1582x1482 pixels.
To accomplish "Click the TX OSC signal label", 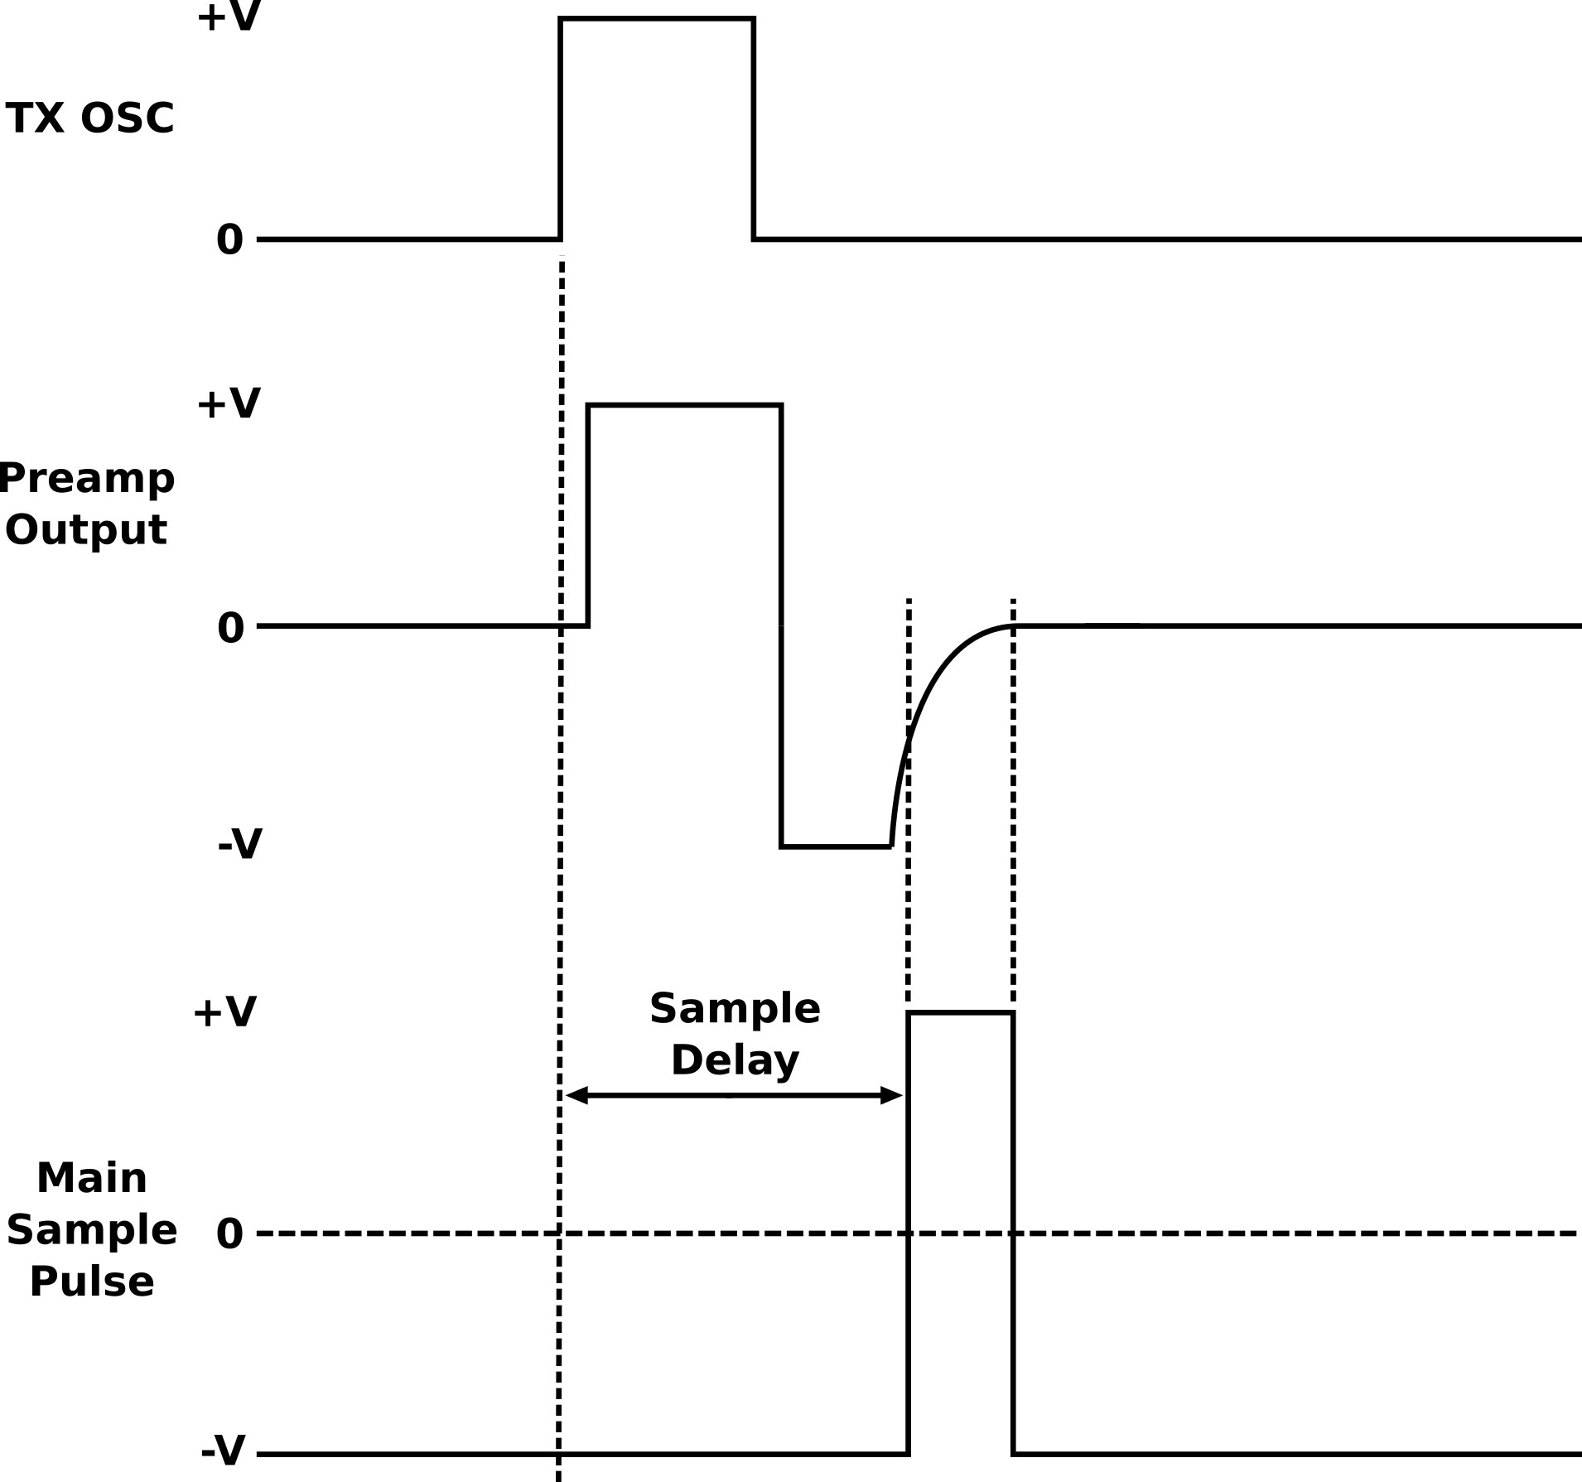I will click(x=89, y=118).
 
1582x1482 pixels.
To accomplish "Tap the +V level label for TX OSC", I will click(x=229, y=17).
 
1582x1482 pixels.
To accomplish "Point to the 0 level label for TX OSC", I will click(x=229, y=240).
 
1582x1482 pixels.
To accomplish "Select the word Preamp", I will click(x=87, y=479).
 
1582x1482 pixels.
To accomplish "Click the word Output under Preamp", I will click(x=86, y=529).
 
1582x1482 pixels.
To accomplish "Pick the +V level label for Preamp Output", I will click(x=229, y=403).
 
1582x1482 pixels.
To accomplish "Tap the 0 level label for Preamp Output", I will click(x=230, y=628).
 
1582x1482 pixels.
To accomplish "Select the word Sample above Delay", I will click(x=735, y=1008).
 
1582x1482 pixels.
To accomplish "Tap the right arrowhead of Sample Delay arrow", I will click(x=891, y=1096).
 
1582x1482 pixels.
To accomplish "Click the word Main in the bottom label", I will click(x=92, y=1178).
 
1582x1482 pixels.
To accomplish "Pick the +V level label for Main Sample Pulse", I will click(x=224, y=1011).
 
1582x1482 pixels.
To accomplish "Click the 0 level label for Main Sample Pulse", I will click(x=229, y=1234).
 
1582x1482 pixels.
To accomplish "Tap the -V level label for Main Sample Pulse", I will click(x=224, y=1451).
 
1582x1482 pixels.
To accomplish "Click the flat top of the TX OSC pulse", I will click(x=657, y=18).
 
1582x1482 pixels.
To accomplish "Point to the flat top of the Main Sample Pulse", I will click(x=961, y=1012).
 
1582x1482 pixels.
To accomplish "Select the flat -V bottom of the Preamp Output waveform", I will click(x=836, y=847).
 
